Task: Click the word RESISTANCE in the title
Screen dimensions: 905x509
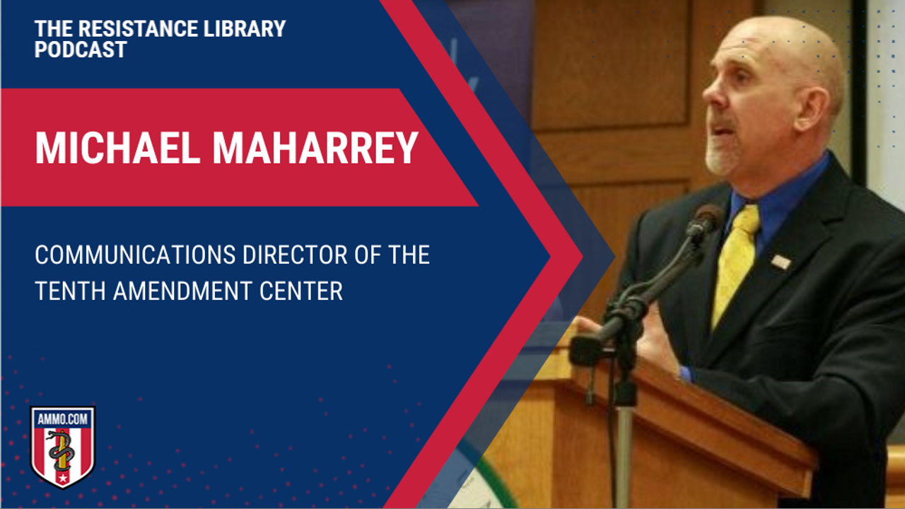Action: point(138,29)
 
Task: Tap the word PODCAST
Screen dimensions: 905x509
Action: point(81,49)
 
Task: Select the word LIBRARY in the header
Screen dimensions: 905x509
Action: point(245,29)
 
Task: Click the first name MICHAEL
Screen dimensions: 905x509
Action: point(117,148)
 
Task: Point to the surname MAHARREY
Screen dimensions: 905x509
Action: point(315,148)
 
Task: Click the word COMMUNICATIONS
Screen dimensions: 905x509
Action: point(135,255)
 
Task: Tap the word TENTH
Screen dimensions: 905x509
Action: point(70,291)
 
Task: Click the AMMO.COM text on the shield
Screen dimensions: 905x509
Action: point(63,419)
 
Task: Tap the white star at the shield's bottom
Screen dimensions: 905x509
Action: point(63,479)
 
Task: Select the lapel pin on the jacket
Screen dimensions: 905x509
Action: point(781,262)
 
